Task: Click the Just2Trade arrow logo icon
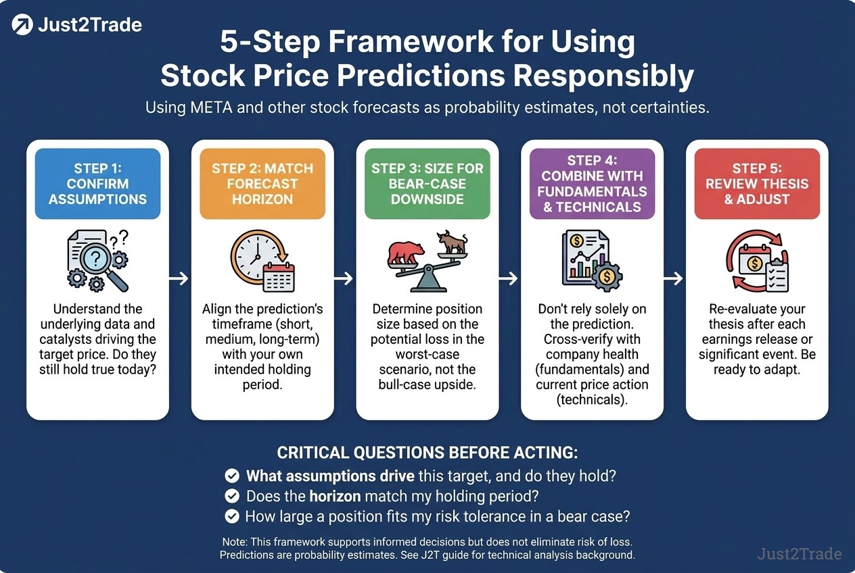pos(22,24)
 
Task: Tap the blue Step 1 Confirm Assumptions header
pos(97,184)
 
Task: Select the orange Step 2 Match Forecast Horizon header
pos(262,184)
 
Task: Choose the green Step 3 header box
pos(428,184)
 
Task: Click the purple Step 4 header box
pos(593,184)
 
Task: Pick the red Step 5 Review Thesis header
pos(758,184)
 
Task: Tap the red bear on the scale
pos(406,253)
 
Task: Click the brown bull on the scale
pos(453,242)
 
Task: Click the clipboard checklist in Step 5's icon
pos(777,277)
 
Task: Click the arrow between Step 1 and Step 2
pos(179,278)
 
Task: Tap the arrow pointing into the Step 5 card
pos(673,278)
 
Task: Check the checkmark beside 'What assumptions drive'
pos(232,476)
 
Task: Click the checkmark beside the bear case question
pos(232,516)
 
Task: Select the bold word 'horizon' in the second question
pos(335,496)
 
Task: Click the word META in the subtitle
pos(212,107)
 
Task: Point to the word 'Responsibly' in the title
pos(603,76)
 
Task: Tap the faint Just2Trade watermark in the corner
pos(800,553)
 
